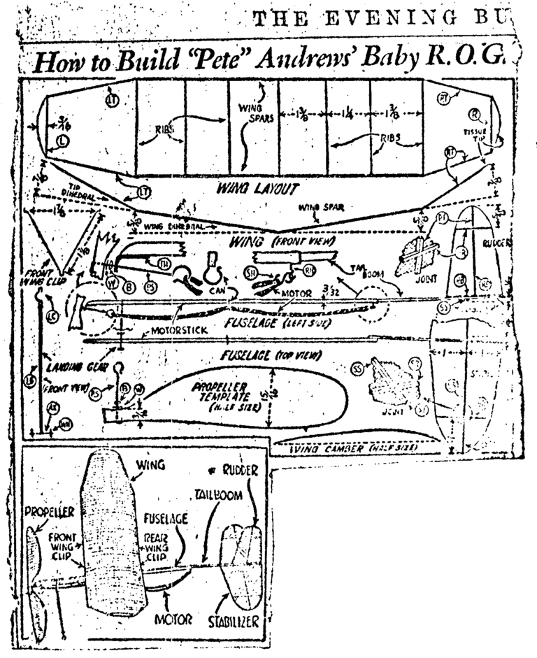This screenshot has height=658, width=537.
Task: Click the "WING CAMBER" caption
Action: (x=328, y=447)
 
